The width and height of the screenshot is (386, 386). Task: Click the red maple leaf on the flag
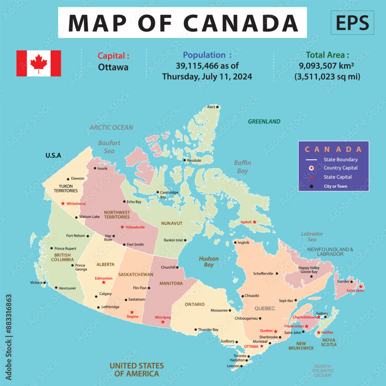pyautogui.click(x=39, y=63)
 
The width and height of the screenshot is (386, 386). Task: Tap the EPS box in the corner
pyautogui.click(x=352, y=23)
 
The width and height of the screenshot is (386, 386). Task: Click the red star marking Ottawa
pyautogui.click(x=262, y=346)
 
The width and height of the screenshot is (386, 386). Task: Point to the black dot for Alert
pyautogui.click(x=217, y=107)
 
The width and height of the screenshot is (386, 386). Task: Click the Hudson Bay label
pyautogui.click(x=209, y=262)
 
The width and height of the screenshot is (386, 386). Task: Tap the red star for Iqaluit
pyautogui.click(x=254, y=222)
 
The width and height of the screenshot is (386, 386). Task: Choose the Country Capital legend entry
pyautogui.click(x=340, y=168)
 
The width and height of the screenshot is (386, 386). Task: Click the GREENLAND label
pyautogui.click(x=264, y=122)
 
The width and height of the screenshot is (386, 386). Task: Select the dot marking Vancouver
pyautogui.click(x=56, y=288)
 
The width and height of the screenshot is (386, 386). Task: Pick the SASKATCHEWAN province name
pyautogui.click(x=136, y=274)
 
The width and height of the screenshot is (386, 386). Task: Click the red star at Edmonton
pyautogui.click(x=103, y=283)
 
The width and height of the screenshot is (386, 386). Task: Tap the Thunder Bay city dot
pyautogui.click(x=196, y=330)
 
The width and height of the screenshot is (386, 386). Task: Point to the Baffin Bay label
pyautogui.click(x=242, y=167)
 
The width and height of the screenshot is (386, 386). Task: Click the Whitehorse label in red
pyautogui.click(x=76, y=203)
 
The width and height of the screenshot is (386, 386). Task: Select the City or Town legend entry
pyautogui.click(x=335, y=186)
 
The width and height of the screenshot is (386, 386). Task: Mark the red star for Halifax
pyautogui.click(x=318, y=332)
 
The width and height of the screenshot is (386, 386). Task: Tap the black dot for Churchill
pyautogui.click(x=178, y=267)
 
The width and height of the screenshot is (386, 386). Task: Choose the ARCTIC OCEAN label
pyautogui.click(x=111, y=127)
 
